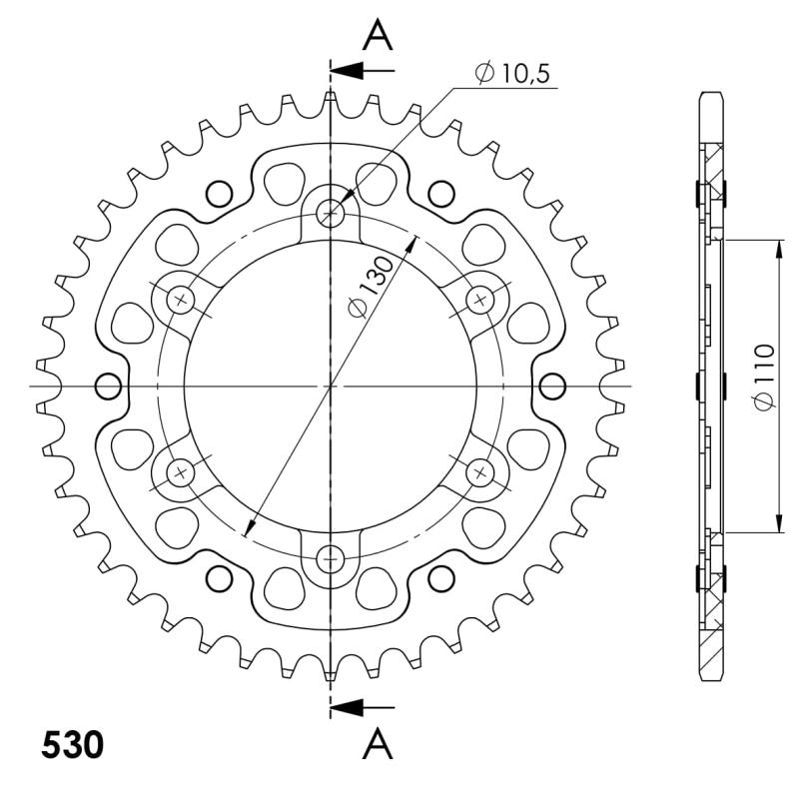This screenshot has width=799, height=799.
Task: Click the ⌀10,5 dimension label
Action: click(512, 73)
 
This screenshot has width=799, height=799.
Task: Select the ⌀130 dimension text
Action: click(371, 287)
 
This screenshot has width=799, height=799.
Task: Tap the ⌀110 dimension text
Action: click(764, 378)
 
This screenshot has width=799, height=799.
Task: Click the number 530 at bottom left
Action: click(72, 744)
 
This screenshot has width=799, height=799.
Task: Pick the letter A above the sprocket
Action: click(378, 35)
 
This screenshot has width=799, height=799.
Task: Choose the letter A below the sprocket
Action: click(378, 743)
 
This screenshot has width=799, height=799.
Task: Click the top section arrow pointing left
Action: click(363, 70)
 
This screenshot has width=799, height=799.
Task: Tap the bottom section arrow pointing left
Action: click(363, 707)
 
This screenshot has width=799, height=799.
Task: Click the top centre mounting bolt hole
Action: click(331, 213)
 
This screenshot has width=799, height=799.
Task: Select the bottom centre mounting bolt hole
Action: click(331, 560)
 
